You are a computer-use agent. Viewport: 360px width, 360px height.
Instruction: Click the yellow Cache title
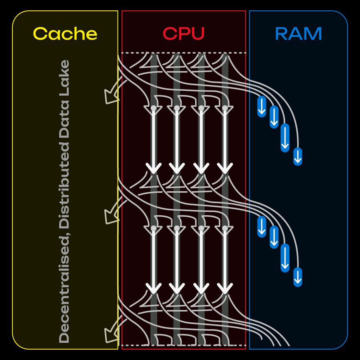pyautogui.click(x=65, y=34)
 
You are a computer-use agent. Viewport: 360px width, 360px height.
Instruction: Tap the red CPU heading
pyautogui.click(x=184, y=34)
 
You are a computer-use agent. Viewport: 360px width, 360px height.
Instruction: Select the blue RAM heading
pyautogui.click(x=298, y=34)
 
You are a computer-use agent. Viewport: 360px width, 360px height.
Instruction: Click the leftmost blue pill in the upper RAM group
pyautogui.click(x=262, y=106)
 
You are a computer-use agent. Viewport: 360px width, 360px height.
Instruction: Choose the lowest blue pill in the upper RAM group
pyautogui.click(x=298, y=156)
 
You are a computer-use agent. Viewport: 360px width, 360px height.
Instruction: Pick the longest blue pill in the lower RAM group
pyautogui.click(x=285, y=258)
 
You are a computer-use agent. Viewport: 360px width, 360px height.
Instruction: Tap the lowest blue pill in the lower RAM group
pyautogui.click(x=298, y=277)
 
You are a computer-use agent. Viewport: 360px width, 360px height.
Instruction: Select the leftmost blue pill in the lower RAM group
pyautogui.click(x=262, y=227)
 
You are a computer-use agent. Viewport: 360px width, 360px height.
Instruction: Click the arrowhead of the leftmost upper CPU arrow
pyautogui.click(x=153, y=168)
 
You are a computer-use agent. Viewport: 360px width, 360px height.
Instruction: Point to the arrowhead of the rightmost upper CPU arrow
pyautogui.click(x=225, y=168)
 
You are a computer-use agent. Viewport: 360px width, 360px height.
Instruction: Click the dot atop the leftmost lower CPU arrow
pyautogui.click(x=153, y=228)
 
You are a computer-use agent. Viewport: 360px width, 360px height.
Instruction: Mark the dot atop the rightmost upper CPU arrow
pyautogui.click(x=225, y=108)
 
